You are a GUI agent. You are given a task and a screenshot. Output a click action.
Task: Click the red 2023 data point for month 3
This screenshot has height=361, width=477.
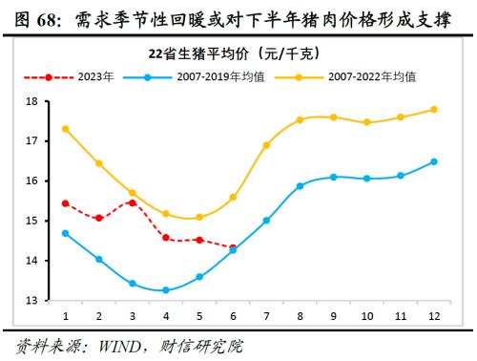pyautogui.click(x=132, y=202)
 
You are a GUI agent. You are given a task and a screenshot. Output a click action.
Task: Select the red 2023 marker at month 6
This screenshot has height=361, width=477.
pyautogui.click(x=234, y=247)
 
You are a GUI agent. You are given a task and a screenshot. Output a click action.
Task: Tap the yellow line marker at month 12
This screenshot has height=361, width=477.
pyautogui.click(x=434, y=109)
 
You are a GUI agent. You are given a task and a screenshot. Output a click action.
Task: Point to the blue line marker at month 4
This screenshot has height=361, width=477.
pyautogui.click(x=166, y=289)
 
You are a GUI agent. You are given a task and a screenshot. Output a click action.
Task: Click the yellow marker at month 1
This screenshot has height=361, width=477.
pyautogui.click(x=65, y=129)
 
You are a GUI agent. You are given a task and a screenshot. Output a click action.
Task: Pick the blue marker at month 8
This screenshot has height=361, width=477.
pyautogui.click(x=300, y=185)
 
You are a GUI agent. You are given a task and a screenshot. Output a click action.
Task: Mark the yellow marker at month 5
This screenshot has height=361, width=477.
pyautogui.click(x=199, y=217)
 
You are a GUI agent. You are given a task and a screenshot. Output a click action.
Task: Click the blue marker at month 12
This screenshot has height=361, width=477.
pyautogui.click(x=434, y=161)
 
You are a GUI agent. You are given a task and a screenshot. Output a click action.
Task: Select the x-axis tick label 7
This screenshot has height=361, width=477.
pyautogui.click(x=266, y=315)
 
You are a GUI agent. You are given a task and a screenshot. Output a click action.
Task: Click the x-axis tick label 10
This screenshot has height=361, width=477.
pyautogui.click(x=367, y=315)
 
